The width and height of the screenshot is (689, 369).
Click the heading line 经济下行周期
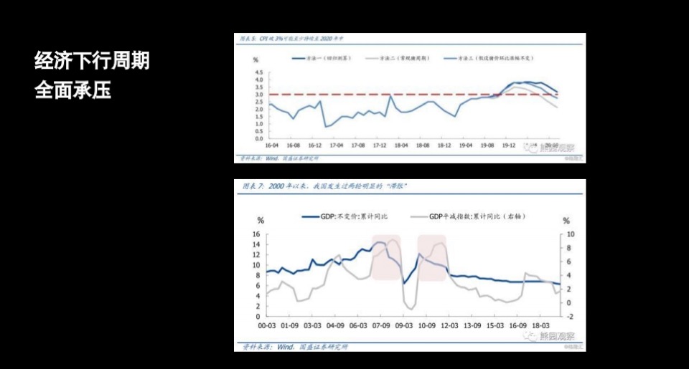click(92, 61)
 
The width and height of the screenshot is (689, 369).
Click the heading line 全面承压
click(72, 90)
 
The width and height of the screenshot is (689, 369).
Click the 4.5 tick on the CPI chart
click(258, 72)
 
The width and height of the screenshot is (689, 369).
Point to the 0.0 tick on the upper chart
click(258, 138)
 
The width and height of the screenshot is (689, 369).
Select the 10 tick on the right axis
click(571, 234)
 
